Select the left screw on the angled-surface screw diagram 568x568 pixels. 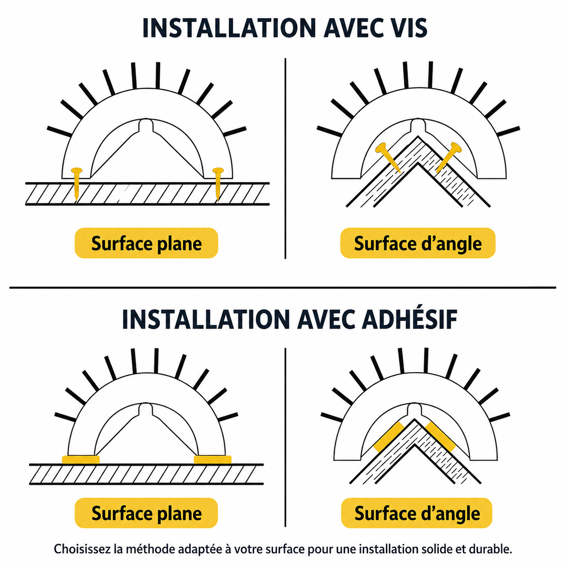pos(388,158)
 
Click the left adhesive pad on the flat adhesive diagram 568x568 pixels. pos(81,459)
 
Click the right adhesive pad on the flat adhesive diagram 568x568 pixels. pos(212,459)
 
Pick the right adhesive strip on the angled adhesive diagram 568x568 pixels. pos(440,437)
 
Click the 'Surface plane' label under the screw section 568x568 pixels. pos(146,243)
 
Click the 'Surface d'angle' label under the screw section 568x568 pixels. pos(418,243)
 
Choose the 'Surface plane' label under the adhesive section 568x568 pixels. pos(146,513)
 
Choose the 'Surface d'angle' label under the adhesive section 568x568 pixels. pos(417,513)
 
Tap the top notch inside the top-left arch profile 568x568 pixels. pos(146,125)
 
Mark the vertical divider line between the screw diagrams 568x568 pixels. pos(285,158)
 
